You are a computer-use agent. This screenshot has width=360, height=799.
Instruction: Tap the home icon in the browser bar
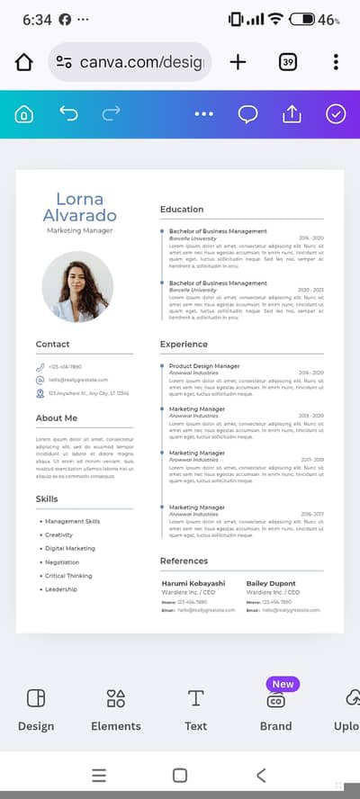[24, 62]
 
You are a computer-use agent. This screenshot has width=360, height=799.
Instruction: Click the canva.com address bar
[130, 62]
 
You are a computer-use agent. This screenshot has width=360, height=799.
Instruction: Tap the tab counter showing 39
[288, 62]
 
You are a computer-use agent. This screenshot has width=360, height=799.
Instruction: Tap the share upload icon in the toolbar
[292, 114]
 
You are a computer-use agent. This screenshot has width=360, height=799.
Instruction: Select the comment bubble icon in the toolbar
[247, 114]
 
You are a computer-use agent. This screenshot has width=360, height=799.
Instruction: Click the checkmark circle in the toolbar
[336, 114]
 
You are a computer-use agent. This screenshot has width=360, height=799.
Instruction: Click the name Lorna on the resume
[79, 200]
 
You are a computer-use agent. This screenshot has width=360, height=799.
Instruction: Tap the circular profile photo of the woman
[77, 286]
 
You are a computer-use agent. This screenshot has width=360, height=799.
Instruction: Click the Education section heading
[182, 210]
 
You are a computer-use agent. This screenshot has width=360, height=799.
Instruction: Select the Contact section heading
[52, 344]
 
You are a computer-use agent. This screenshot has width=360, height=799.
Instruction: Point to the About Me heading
[57, 418]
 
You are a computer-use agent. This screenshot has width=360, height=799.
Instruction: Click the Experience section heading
[184, 344]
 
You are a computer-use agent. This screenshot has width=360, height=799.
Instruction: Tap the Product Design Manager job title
[204, 366]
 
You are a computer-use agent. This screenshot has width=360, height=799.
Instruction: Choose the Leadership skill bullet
[61, 589]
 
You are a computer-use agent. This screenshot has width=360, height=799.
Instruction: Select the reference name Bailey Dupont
[270, 583]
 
